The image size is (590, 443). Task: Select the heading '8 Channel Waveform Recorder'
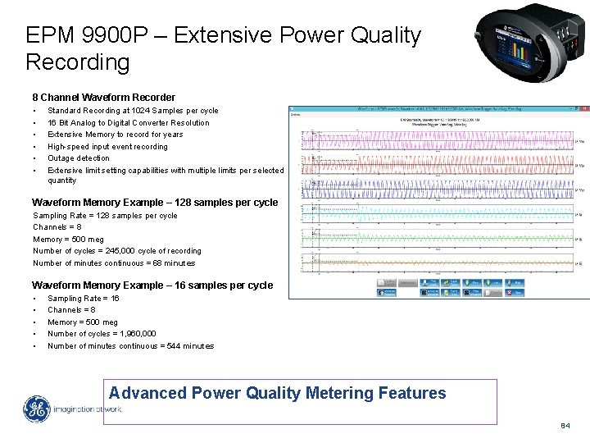point(103,98)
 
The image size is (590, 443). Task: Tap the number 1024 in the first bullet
point(151,111)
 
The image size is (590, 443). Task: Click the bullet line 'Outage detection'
point(78,158)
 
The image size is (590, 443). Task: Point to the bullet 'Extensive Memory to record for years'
point(115,135)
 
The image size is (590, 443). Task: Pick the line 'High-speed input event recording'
point(107,147)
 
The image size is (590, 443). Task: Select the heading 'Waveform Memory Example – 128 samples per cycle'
point(155,203)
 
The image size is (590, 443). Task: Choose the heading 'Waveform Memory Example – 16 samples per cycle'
point(152,285)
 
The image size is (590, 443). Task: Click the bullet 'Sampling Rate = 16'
point(83,299)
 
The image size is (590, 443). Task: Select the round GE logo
point(38,410)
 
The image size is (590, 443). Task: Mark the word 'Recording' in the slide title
point(78,62)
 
